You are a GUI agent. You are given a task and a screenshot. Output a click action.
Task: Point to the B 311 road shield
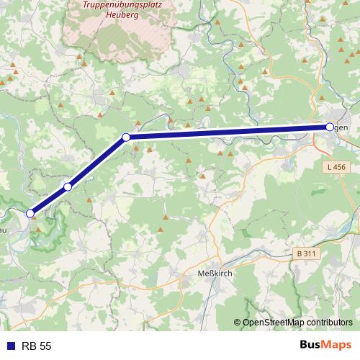click(307, 253)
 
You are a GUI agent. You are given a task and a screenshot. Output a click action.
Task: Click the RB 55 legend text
click(37, 346)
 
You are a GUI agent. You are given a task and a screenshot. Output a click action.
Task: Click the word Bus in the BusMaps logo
click(312, 346)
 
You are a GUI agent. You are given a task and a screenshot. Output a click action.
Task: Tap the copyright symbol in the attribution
click(237, 323)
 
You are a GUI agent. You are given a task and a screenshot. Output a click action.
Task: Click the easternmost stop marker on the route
click(330, 127)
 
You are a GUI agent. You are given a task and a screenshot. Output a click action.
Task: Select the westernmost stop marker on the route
click(30, 213)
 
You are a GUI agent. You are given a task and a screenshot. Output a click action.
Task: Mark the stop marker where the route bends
click(125, 137)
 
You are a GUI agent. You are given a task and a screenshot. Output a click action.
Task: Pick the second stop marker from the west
click(68, 186)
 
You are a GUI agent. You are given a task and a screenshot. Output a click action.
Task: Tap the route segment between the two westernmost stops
click(49, 200)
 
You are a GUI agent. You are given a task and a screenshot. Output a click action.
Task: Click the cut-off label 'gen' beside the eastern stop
click(342, 127)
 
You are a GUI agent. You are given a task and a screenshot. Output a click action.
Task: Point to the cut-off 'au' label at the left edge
click(4, 230)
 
